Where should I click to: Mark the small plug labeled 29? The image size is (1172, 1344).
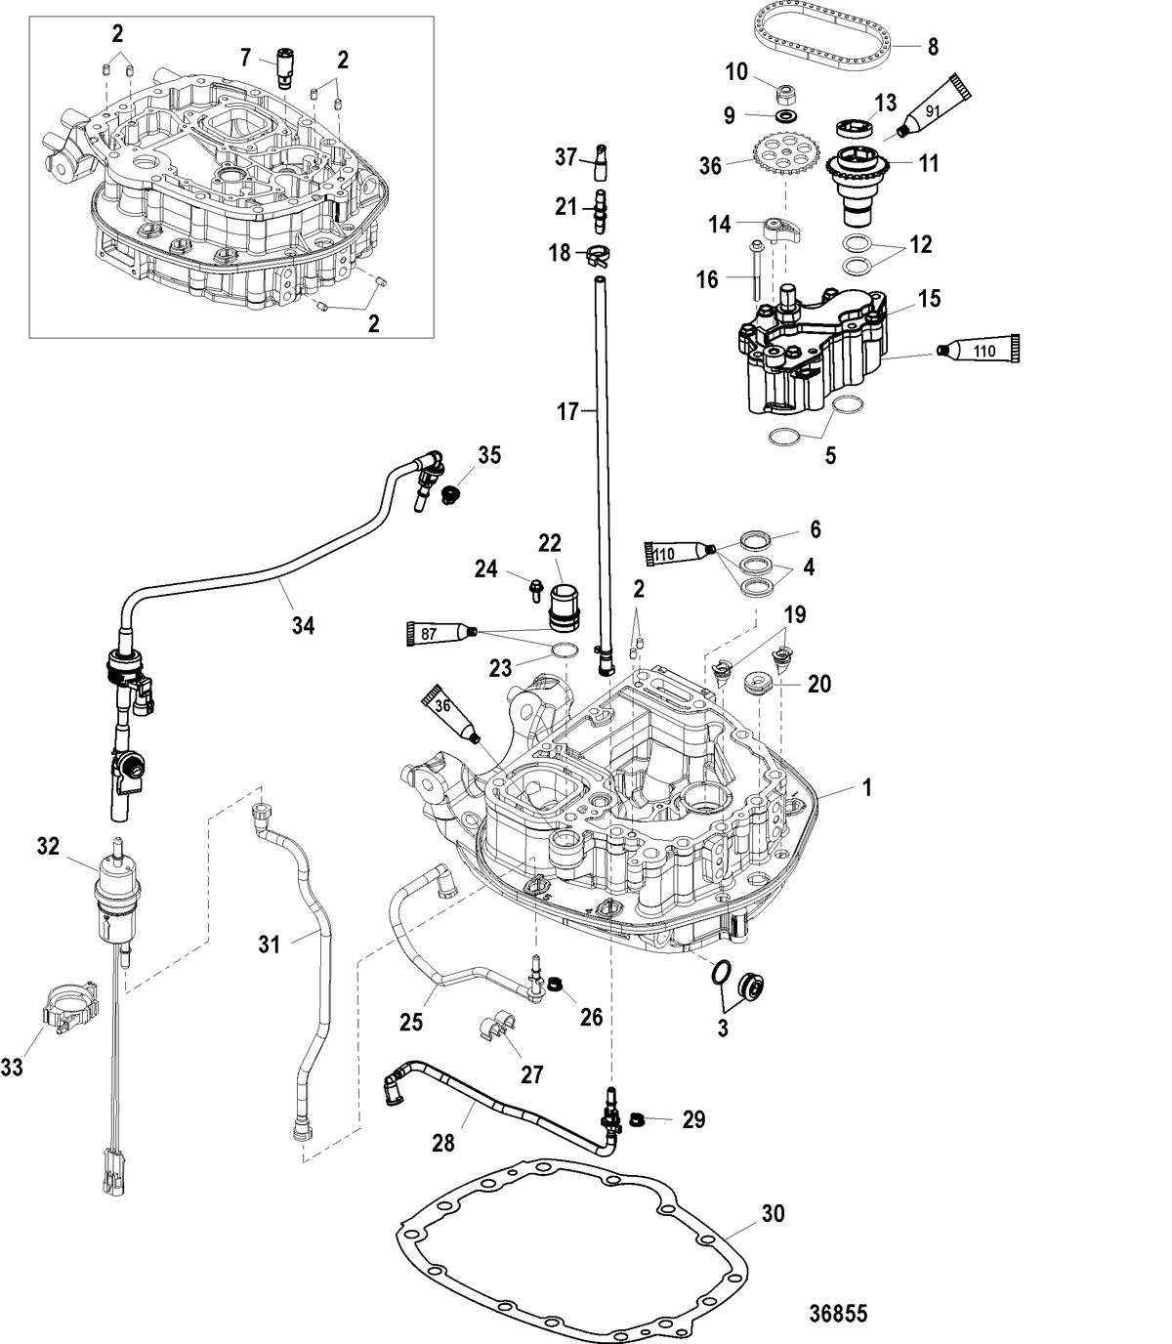[638, 1117]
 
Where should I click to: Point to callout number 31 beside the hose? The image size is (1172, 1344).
[270, 944]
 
